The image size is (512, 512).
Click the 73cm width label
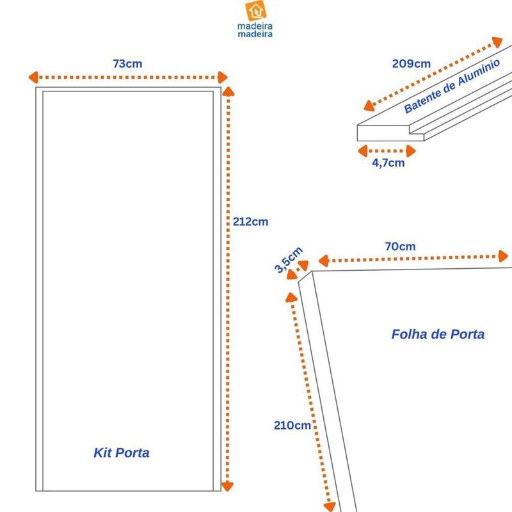point(127,63)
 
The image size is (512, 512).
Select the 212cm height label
point(250,221)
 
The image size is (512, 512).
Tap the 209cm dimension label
point(412,63)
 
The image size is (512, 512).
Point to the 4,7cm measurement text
point(388,163)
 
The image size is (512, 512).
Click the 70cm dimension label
point(401,246)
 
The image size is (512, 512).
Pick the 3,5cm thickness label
point(289,260)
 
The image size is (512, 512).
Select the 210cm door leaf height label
point(292,426)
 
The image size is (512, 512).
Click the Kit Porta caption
point(122,452)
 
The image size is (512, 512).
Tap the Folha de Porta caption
point(438,334)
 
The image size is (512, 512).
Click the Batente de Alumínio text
point(452,86)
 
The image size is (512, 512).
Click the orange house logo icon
point(255,11)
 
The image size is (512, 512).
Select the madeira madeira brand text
point(255,30)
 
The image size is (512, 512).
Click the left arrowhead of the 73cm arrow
point(33,77)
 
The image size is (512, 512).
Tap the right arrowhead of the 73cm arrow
point(223,77)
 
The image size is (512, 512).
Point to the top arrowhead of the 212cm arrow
point(228,92)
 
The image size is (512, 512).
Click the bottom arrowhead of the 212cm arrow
point(227,486)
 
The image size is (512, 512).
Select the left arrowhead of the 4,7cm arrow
point(363,151)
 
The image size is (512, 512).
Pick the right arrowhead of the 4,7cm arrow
point(411,151)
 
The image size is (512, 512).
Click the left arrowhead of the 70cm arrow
point(323,260)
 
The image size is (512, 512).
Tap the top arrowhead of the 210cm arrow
point(291,297)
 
